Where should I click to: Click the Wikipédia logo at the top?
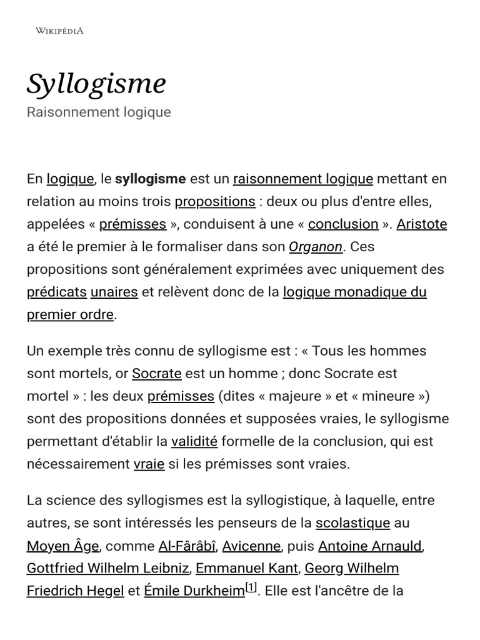point(59,31)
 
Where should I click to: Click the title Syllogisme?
point(96,84)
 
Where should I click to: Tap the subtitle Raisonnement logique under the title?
point(99,112)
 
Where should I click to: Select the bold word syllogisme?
point(151,179)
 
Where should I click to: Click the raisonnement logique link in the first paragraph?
point(302,179)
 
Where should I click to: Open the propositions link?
point(215,202)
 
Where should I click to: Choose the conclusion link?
point(343,224)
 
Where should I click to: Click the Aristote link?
point(422,224)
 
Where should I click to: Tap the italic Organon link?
point(316,247)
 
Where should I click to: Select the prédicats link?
point(57,292)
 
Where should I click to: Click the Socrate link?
point(156,374)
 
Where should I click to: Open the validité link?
point(194,442)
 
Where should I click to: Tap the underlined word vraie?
point(149,464)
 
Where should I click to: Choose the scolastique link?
point(352,523)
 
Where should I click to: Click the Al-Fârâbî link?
point(187,546)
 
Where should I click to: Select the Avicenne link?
point(251,546)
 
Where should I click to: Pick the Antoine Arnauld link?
point(370,546)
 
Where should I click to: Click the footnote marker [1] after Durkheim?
point(251,587)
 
